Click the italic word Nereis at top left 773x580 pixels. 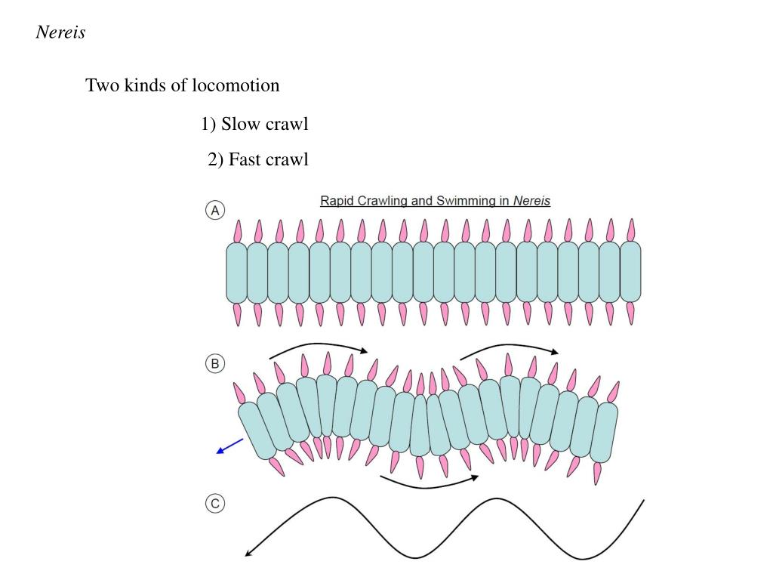(60, 33)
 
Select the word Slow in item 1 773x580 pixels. (240, 125)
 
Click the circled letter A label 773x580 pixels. (215, 211)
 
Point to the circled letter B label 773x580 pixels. (215, 364)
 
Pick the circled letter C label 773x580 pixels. (215, 504)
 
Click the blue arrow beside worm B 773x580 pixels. (229, 446)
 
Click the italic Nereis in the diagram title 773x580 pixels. (531, 202)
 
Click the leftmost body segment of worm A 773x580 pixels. (236, 272)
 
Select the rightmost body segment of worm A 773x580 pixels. (630, 272)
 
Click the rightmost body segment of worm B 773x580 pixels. (603, 431)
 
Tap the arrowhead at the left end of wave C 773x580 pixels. (249, 554)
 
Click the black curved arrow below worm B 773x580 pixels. (429, 483)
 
